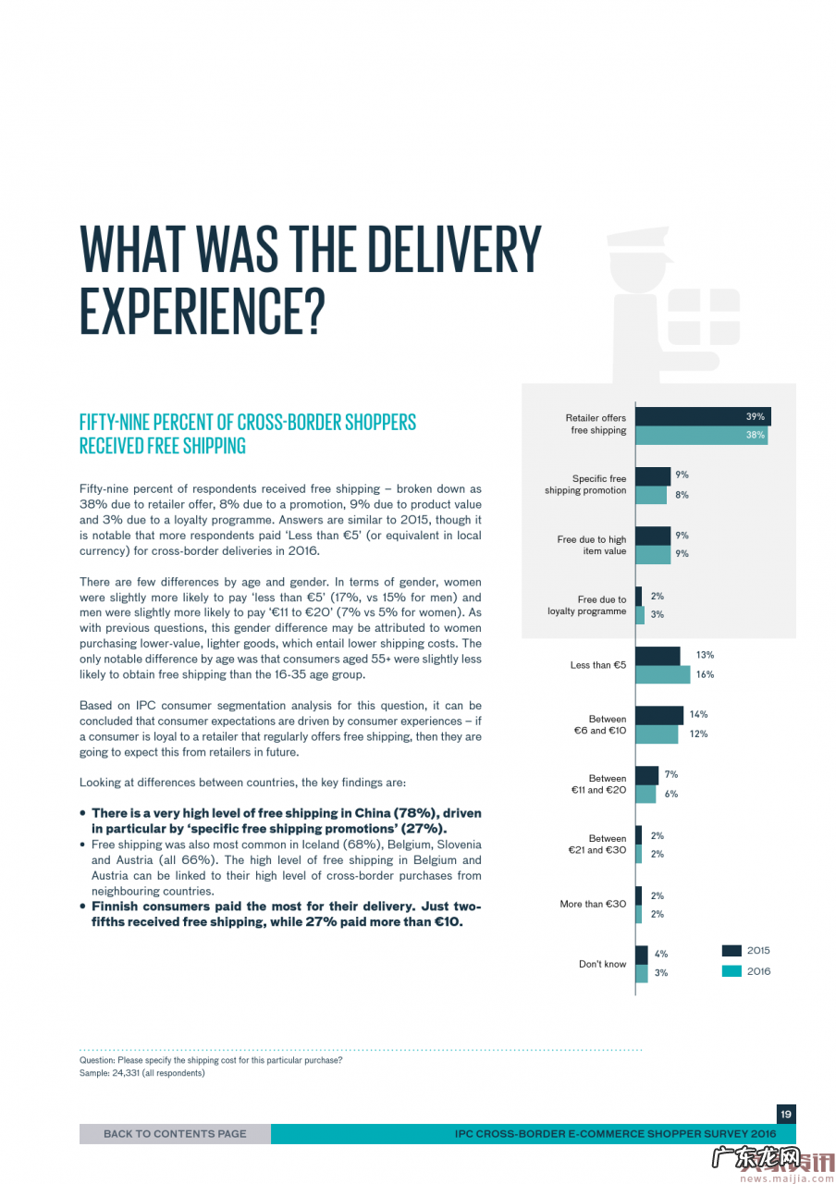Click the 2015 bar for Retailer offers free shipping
click(x=702, y=416)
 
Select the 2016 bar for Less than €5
click(x=663, y=674)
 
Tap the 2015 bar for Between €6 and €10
click(x=658, y=715)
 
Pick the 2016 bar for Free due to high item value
click(x=653, y=554)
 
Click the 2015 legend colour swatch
click(x=731, y=950)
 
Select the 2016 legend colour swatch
click(x=731, y=971)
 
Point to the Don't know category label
click(x=602, y=964)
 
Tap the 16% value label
click(x=705, y=674)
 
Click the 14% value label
click(x=698, y=714)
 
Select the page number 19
click(x=785, y=1114)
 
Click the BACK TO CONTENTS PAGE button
click(x=175, y=1133)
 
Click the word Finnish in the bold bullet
click(x=117, y=906)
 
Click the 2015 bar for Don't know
click(x=641, y=954)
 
